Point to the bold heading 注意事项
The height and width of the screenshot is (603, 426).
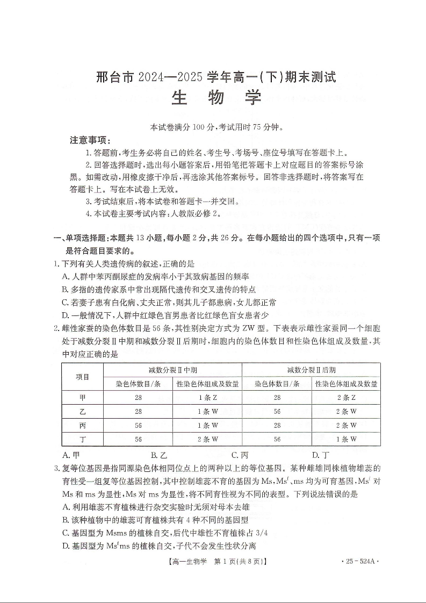pyautogui.click(x=90, y=140)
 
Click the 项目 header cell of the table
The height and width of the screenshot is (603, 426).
pyautogui.click(x=82, y=377)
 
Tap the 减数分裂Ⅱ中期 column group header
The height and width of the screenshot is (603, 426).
pyautogui.click(x=172, y=370)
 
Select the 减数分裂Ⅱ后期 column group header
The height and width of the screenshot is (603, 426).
pyautogui.click(x=311, y=370)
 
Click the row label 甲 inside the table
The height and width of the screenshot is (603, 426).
pyautogui.click(x=82, y=398)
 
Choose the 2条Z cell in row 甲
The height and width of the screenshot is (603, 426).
pyautogui.click(x=346, y=398)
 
